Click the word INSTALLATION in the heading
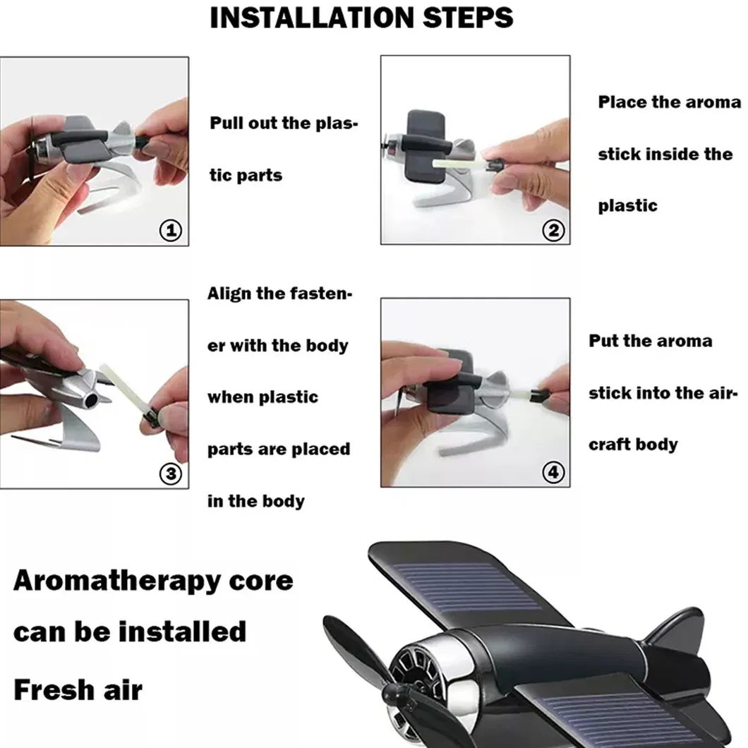pyautogui.click(x=312, y=18)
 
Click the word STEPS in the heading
pyautogui.click(x=468, y=18)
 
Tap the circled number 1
pyautogui.click(x=171, y=231)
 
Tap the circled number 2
pyautogui.click(x=553, y=231)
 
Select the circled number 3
pyautogui.click(x=171, y=473)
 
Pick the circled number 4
pyautogui.click(x=553, y=472)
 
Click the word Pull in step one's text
pyautogui.click(x=227, y=123)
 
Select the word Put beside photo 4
pyautogui.click(x=603, y=341)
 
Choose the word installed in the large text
pyautogui.click(x=182, y=632)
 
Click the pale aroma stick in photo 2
pyautogui.click(x=459, y=163)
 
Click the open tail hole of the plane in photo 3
pyautogui.click(x=90, y=400)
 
